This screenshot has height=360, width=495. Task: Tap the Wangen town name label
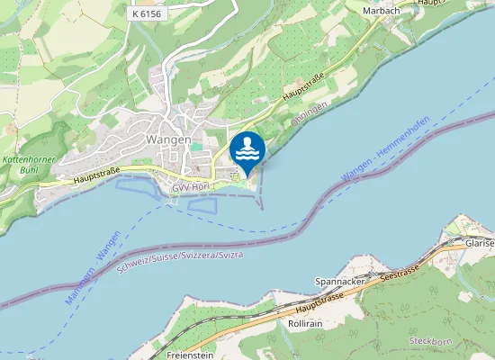tap(167, 139)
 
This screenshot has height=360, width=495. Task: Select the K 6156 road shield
tap(148, 13)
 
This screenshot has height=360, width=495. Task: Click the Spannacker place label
tap(338, 282)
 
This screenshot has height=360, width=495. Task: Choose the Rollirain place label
tap(307, 322)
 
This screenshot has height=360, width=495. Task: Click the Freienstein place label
tap(190, 355)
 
